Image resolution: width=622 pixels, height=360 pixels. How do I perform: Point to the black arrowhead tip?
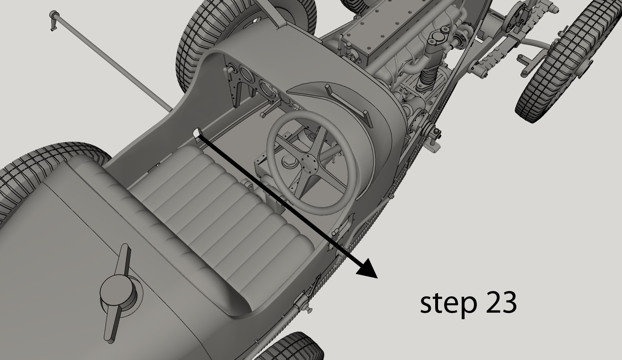(377, 278)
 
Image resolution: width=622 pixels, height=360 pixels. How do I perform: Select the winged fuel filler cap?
(117, 293)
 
